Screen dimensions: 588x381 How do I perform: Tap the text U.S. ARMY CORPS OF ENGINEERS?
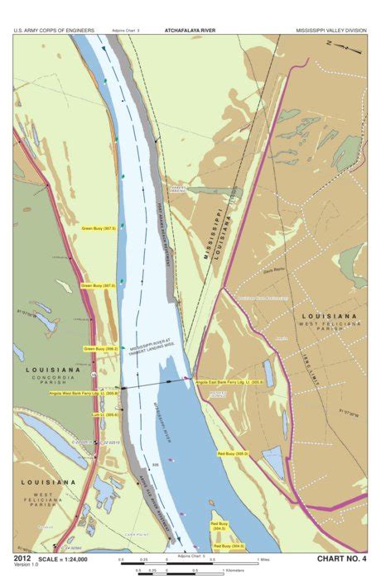(54, 30)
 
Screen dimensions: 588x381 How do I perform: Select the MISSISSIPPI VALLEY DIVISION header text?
(331, 30)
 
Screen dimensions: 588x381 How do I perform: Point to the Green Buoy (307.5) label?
(99, 227)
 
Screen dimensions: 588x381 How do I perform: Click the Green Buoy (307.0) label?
(97, 285)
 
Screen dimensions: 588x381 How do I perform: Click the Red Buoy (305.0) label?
(233, 453)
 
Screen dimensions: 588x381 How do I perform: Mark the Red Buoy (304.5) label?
(219, 523)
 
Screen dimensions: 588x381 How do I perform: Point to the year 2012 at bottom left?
(22, 558)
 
